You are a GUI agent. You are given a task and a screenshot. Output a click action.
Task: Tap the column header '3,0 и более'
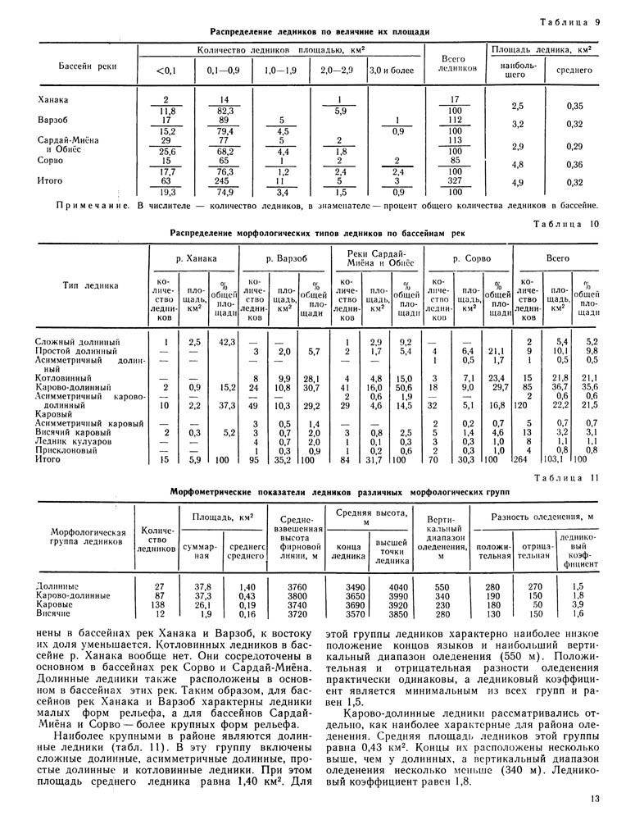(x=392, y=71)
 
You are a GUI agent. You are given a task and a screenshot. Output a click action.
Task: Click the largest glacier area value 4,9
(x=517, y=183)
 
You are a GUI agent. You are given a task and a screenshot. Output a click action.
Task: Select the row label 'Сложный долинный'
(x=78, y=341)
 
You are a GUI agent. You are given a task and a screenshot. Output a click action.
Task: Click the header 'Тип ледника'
(x=90, y=285)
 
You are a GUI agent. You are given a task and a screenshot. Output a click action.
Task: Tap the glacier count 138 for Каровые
(x=158, y=604)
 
